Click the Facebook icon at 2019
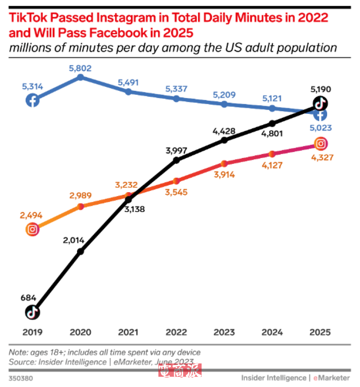(x=32, y=100)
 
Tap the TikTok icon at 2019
(x=32, y=311)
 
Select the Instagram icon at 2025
(x=320, y=144)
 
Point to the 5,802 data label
(x=80, y=68)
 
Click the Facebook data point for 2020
(x=81, y=77)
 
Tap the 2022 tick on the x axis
(x=176, y=333)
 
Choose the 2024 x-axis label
(x=272, y=333)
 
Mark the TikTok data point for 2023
(x=224, y=140)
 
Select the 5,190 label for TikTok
(x=320, y=90)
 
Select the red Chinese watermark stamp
(x=180, y=370)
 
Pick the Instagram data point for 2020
(x=81, y=207)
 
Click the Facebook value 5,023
(x=320, y=128)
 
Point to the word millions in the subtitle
(x=27, y=48)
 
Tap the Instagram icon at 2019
(x=32, y=229)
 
